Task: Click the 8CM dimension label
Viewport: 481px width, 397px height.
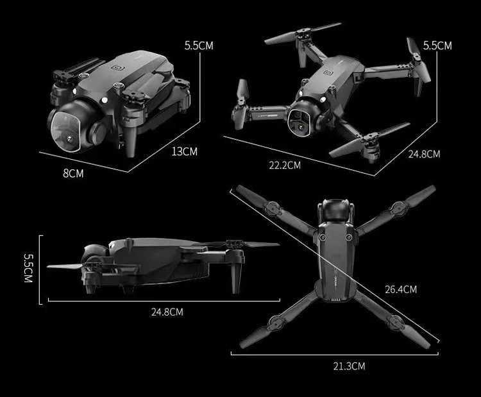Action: [x=73, y=173]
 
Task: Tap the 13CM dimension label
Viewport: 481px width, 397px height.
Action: [x=184, y=151]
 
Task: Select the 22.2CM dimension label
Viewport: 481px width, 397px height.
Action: [x=285, y=165]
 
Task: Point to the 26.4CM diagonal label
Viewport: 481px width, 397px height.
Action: [x=401, y=289]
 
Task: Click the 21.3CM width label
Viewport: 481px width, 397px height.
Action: [x=349, y=366]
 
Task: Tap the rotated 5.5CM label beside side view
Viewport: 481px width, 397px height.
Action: [x=28, y=268]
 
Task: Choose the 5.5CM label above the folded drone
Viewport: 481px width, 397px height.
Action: [x=199, y=46]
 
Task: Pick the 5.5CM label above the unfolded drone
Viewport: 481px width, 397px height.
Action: [x=437, y=46]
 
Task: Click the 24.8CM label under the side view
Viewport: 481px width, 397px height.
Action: [x=167, y=312]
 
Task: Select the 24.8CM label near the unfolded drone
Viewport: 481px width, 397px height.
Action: [x=424, y=154]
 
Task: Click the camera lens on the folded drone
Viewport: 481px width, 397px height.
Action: [x=71, y=140]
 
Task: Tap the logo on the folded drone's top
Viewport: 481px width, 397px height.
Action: [x=117, y=67]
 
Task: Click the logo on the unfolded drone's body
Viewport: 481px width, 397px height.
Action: [x=329, y=72]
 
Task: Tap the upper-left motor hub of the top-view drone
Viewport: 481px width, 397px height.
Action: [x=272, y=208]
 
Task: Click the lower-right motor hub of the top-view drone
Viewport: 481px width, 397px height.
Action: [x=395, y=322]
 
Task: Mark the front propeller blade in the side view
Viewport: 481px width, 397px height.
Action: [x=65, y=266]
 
